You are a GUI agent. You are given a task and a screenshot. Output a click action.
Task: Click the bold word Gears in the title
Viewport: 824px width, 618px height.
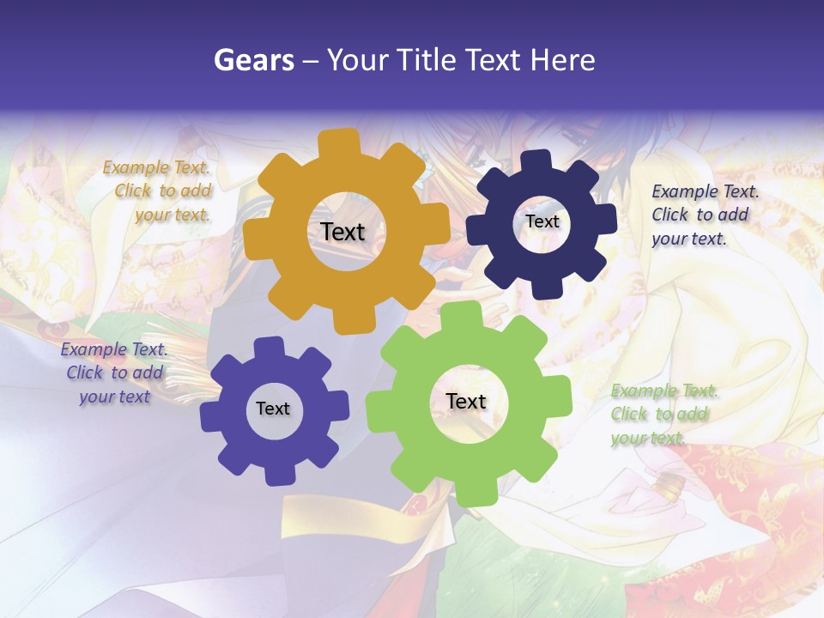click(252, 60)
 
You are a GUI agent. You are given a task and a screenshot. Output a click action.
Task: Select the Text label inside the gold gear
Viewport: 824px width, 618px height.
click(342, 232)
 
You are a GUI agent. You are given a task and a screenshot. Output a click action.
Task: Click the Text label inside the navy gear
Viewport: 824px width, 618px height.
click(542, 221)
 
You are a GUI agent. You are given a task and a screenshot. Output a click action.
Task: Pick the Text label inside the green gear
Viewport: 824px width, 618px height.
click(466, 401)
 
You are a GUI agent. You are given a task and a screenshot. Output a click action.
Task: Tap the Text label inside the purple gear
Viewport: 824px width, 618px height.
click(273, 409)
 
